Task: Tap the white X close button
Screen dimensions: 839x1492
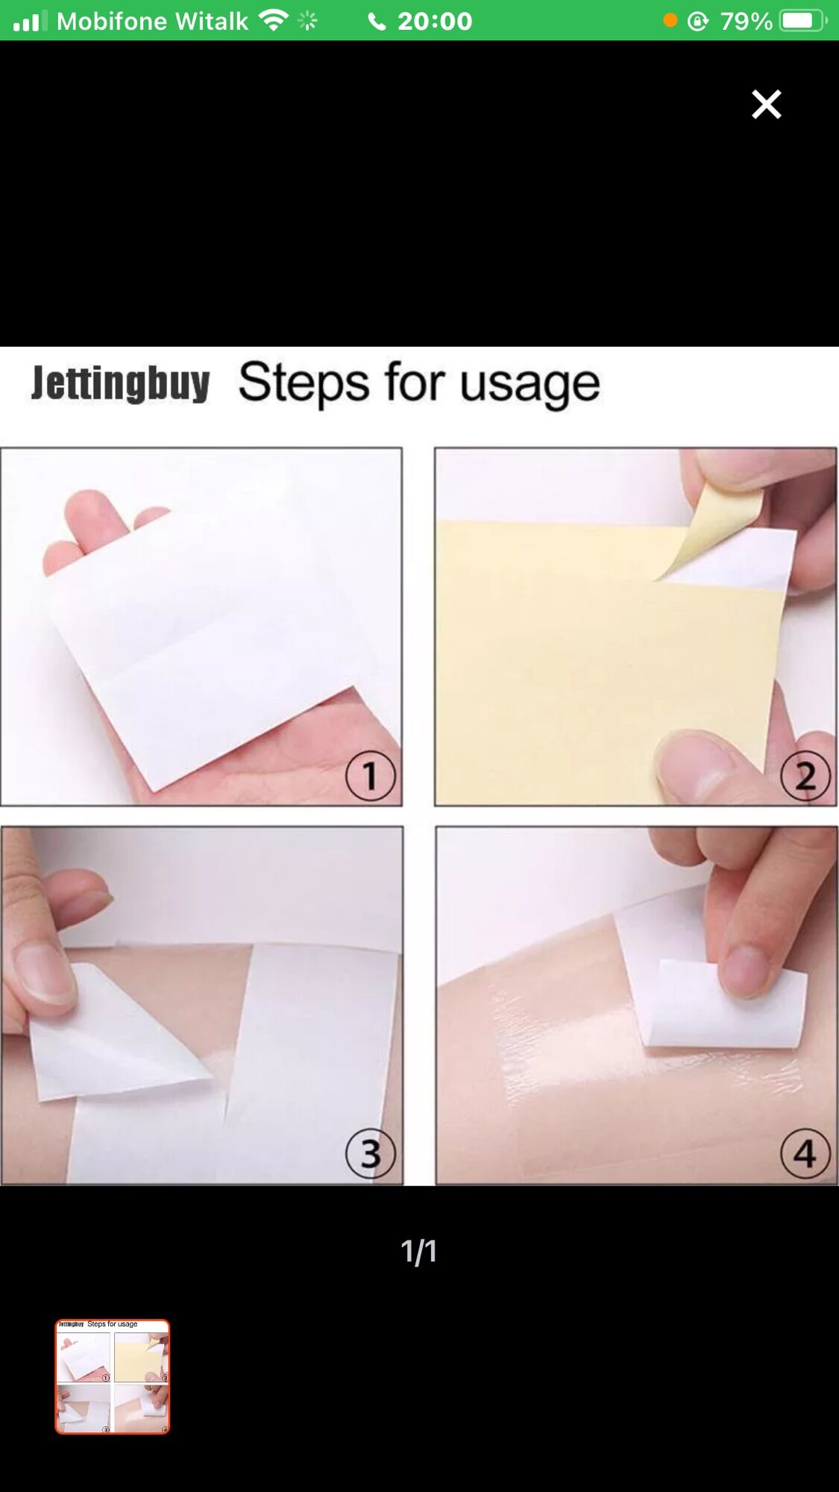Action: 766,104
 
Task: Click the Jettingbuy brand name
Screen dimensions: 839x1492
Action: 120,383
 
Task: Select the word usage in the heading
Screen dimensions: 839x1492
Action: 530,385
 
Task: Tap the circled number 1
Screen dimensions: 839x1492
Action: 371,776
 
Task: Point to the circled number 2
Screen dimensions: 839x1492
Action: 805,776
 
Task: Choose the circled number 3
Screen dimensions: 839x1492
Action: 371,1153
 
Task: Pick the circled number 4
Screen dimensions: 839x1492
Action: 805,1153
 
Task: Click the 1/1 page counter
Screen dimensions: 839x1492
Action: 418,1251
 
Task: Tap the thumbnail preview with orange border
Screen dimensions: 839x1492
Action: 113,1376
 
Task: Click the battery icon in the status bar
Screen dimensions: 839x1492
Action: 802,21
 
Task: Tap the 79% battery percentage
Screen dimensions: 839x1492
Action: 746,21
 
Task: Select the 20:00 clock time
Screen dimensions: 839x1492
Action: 435,21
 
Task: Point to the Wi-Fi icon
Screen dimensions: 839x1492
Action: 274,20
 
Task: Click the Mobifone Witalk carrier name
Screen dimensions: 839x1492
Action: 152,21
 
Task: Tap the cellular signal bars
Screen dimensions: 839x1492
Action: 30,21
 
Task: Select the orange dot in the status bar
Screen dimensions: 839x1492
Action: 670,21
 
